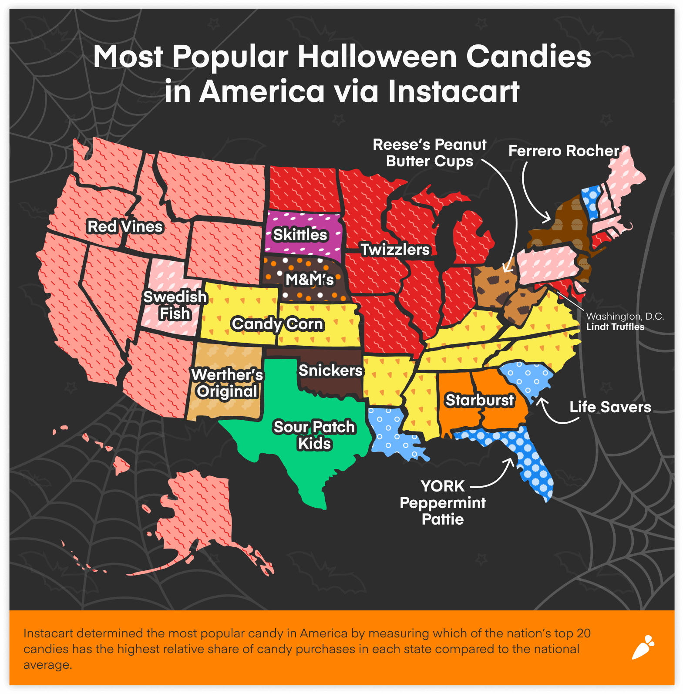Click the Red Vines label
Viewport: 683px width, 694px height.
tap(125, 226)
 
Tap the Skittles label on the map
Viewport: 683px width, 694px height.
tap(300, 235)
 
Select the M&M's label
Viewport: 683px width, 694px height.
tap(310, 280)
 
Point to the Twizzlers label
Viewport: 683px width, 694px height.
tap(395, 249)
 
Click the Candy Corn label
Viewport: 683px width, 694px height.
tap(278, 324)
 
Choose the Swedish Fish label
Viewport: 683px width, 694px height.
tap(175, 305)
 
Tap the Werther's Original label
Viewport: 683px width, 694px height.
tap(227, 383)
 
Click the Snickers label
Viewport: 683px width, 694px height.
tap(330, 370)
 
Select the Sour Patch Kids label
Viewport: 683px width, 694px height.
tap(314, 435)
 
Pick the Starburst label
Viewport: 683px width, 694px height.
tap(480, 400)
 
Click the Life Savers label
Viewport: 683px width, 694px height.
tap(610, 407)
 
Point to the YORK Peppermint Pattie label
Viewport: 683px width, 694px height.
tap(443, 502)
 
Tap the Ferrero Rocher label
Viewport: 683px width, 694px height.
tap(564, 151)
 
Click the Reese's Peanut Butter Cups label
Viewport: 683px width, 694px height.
tap(430, 152)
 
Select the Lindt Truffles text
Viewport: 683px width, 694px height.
tap(615, 327)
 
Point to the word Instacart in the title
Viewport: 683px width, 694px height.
tap(454, 91)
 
